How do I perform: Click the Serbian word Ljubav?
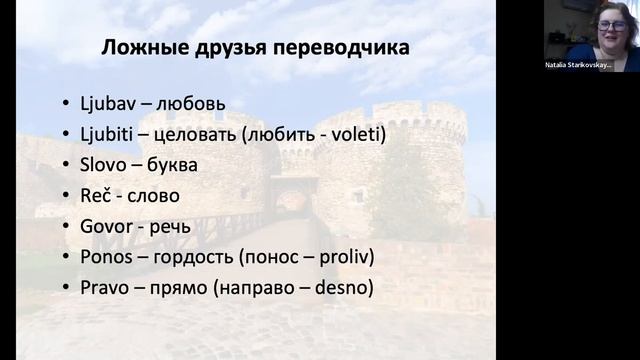pos(110,103)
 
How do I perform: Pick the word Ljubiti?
pos(111,134)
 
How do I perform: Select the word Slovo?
pos(105,165)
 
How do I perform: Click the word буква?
pos(170,165)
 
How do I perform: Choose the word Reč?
pos(96,196)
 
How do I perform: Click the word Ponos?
pos(106,258)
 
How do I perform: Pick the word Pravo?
pos(104,289)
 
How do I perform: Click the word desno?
pos(342,289)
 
